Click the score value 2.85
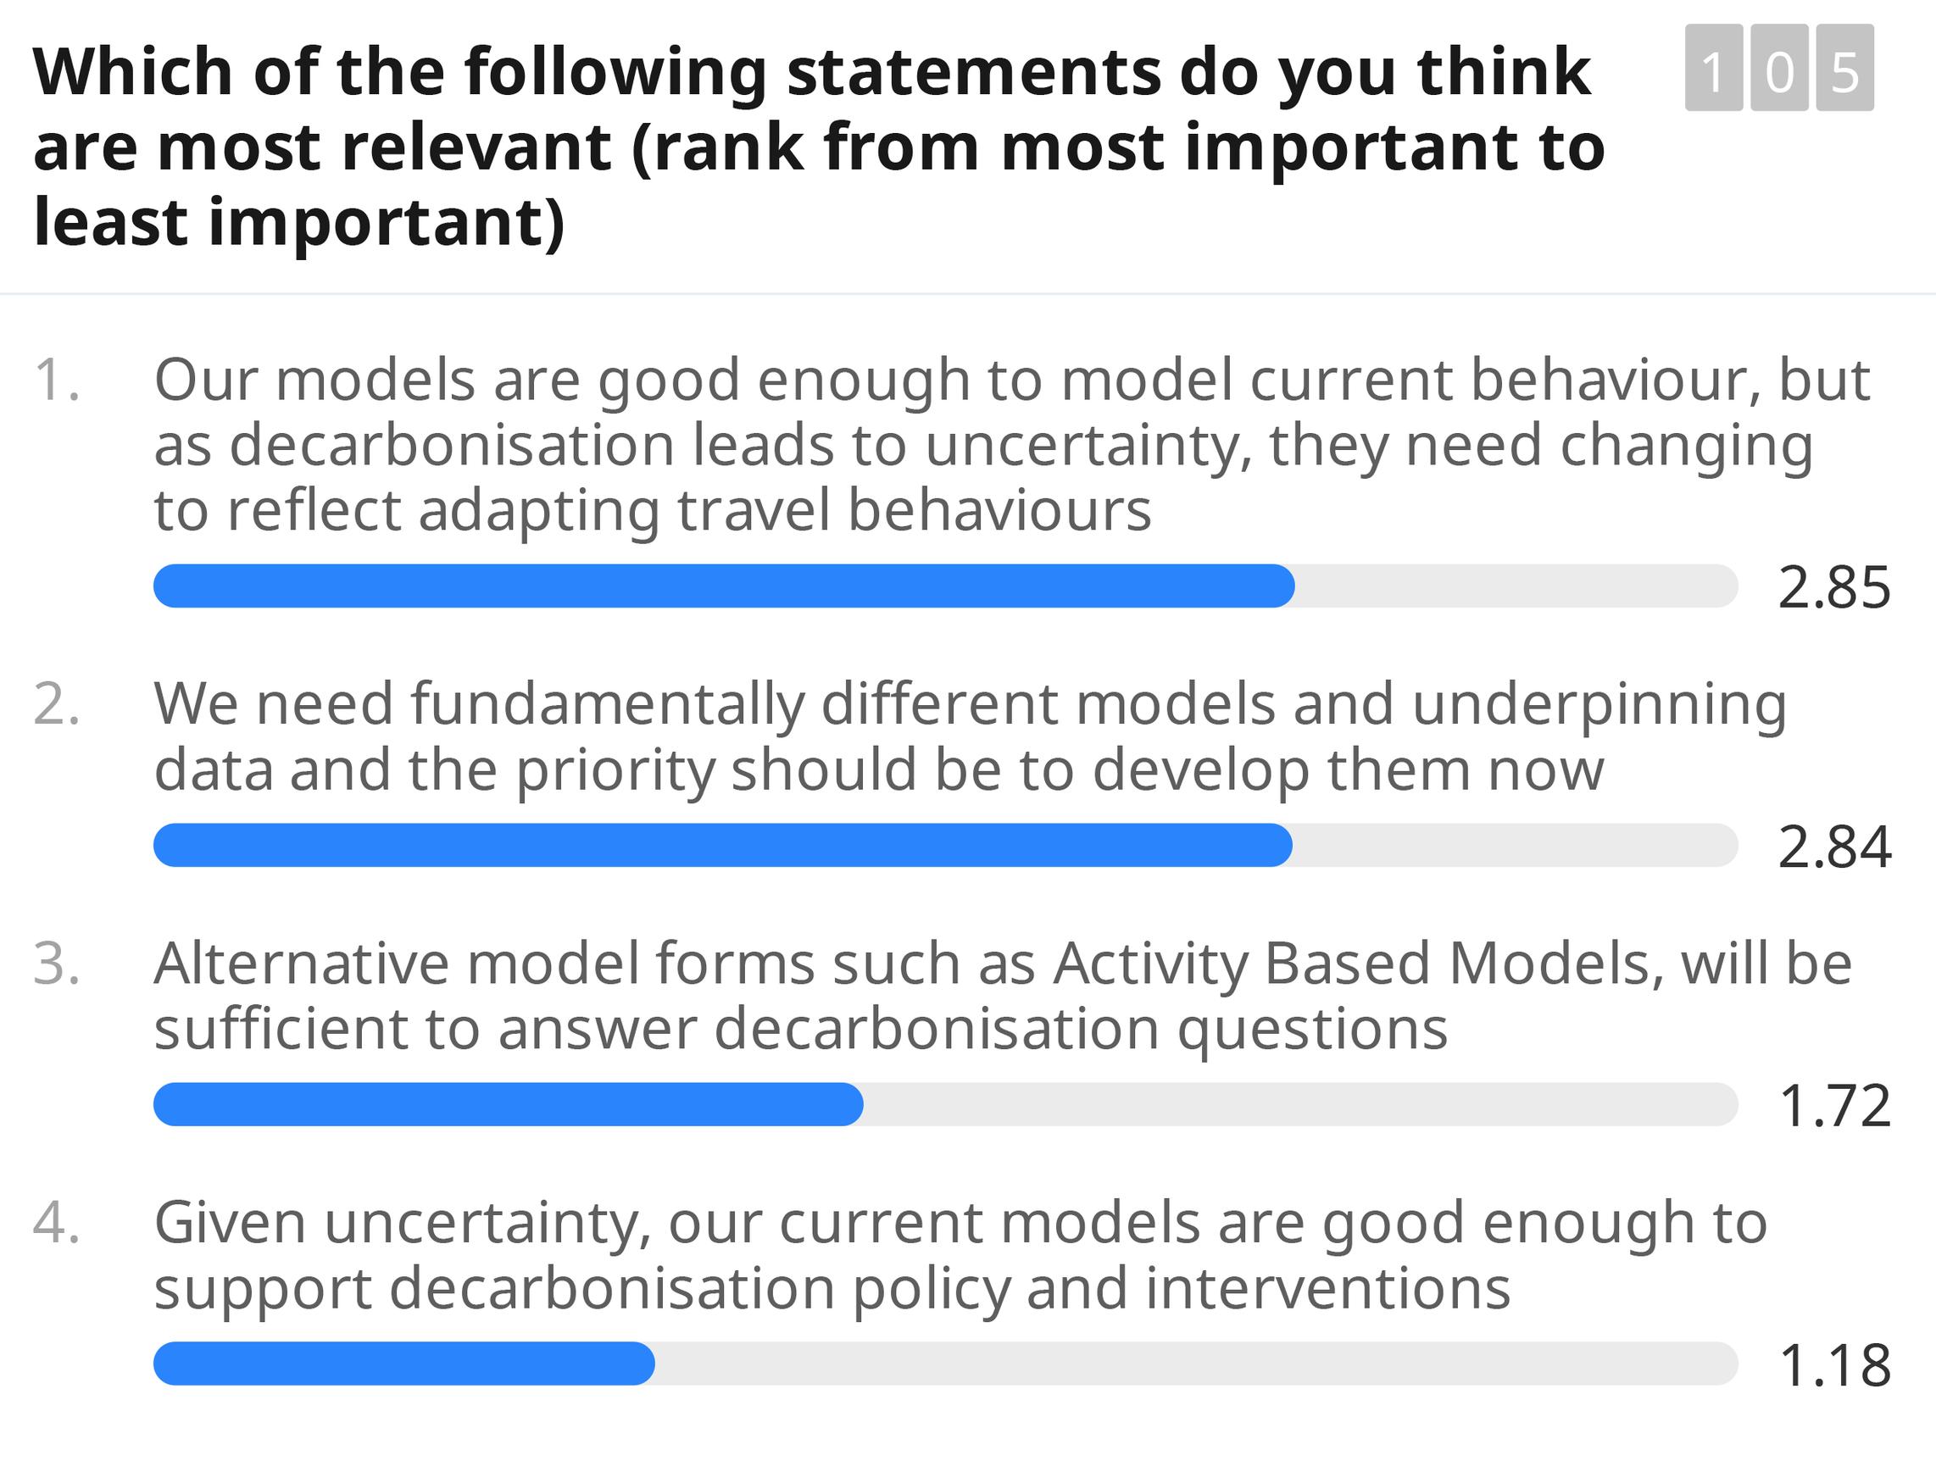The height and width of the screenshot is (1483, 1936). point(1834,588)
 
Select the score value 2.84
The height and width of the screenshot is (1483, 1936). point(1834,847)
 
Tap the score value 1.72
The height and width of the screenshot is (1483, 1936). point(1835,1105)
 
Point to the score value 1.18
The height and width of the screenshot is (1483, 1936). point(1835,1364)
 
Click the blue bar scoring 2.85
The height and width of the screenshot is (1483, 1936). point(724,586)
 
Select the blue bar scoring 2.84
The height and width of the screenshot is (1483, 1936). point(723,845)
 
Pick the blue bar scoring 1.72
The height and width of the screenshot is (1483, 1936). point(509,1104)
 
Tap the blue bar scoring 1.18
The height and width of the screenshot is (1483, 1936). point(404,1364)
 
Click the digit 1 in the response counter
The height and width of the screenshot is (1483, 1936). point(1714,68)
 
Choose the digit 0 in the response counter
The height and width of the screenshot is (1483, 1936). point(1780,68)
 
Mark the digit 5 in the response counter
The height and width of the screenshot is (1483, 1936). point(1845,68)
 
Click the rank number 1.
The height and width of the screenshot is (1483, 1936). point(57,380)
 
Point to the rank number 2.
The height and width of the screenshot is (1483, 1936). point(57,704)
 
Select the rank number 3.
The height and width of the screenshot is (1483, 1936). point(57,963)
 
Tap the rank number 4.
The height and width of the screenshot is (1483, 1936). point(57,1223)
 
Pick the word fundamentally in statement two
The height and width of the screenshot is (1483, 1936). point(608,705)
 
